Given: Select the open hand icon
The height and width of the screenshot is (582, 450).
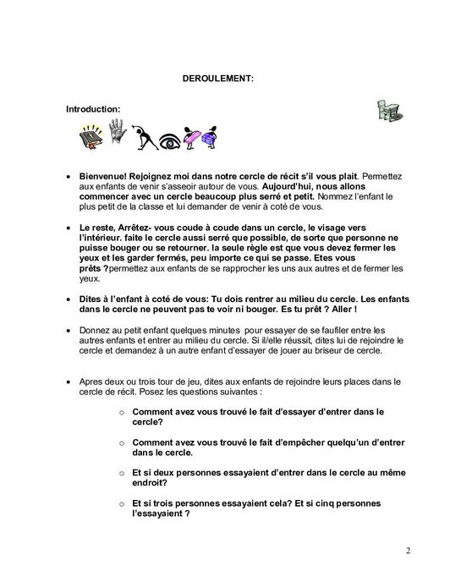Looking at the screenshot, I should tap(117, 134).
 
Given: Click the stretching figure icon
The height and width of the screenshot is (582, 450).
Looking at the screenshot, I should tap(145, 136).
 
